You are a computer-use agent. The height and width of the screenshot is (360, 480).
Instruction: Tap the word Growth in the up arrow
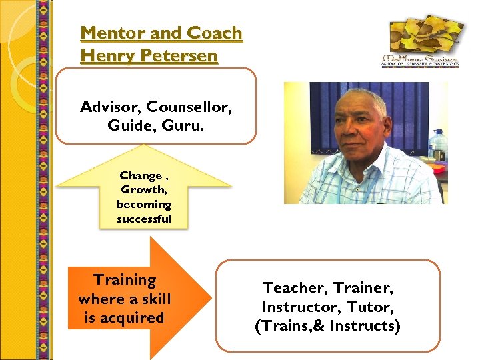(x=142, y=190)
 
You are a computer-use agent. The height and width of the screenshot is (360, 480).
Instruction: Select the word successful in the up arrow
(x=143, y=219)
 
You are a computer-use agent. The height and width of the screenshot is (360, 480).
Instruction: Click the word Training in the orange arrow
(x=125, y=280)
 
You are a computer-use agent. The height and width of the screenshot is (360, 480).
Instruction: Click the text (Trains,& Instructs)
(x=327, y=327)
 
